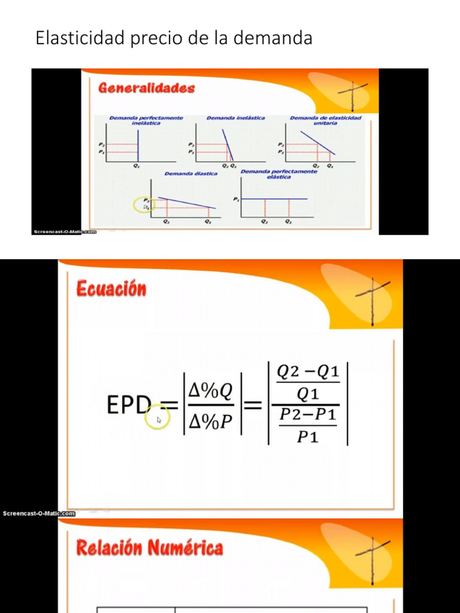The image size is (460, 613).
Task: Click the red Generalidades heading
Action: pos(146,88)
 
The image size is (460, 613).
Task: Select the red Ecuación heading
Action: pos(111,289)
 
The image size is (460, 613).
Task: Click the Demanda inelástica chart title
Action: pos(235,118)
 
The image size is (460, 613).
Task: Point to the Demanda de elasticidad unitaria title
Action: pos(325,120)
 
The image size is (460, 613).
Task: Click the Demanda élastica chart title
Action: pos(191,174)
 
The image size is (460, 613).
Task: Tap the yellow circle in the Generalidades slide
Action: pos(144,205)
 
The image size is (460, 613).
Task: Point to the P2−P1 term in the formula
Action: pos(308,414)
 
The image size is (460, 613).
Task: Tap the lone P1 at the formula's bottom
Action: pos(308,437)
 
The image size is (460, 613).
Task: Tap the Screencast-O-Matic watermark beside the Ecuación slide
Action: pos(39,513)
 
